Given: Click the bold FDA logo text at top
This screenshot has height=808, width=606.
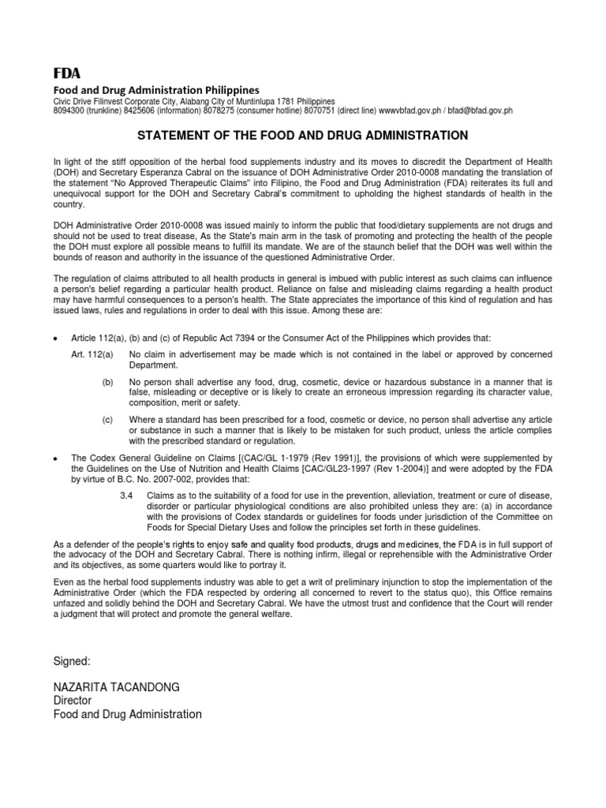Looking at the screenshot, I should pos(66,74).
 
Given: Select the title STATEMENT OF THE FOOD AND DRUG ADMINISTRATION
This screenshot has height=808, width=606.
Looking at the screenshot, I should pos(303,136).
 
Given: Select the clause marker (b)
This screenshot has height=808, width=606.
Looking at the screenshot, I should pos(108,382).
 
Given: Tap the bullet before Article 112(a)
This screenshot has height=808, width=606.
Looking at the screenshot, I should pos(55,339).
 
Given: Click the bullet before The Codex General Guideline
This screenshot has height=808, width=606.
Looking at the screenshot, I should pos(55,458).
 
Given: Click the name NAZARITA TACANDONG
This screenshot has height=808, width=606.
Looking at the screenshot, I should pos(117,687).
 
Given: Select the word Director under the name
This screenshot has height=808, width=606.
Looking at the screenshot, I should pos(73,701).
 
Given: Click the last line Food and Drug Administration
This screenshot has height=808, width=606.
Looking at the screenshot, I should pos(127,714).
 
